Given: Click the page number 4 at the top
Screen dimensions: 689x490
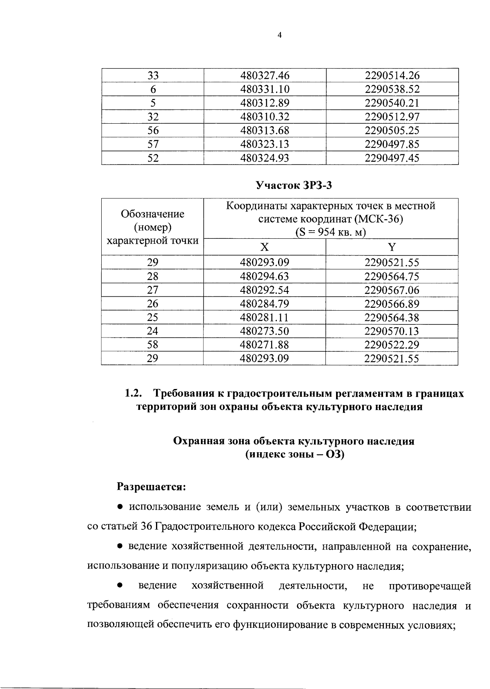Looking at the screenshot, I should pyautogui.click(x=279, y=35).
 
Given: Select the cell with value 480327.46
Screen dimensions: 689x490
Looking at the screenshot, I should pyautogui.click(x=265, y=76).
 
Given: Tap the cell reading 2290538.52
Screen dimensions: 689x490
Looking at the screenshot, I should pyautogui.click(x=392, y=89).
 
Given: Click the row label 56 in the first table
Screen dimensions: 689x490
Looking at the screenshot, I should pyautogui.click(x=153, y=131).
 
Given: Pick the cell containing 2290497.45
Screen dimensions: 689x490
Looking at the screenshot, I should pyautogui.click(x=392, y=158).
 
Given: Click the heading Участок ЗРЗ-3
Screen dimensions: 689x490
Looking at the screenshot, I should pyautogui.click(x=294, y=186).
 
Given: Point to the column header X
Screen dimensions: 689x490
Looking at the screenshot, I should pyautogui.click(x=265, y=247).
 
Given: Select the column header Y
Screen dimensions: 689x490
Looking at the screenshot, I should pyautogui.click(x=392, y=247).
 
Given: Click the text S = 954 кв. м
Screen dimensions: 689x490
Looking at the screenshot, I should pyautogui.click(x=331, y=232).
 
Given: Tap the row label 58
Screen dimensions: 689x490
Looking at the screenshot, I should pyautogui.click(x=153, y=345).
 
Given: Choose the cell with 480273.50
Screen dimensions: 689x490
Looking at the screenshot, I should pyautogui.click(x=265, y=331).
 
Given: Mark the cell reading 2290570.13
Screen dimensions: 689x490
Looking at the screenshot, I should pyautogui.click(x=392, y=331).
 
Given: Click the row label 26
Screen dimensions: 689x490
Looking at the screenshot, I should pyautogui.click(x=153, y=304).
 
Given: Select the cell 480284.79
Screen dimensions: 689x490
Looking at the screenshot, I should pyautogui.click(x=265, y=304).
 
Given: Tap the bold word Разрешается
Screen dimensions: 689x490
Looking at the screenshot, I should pyautogui.click(x=151, y=487).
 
